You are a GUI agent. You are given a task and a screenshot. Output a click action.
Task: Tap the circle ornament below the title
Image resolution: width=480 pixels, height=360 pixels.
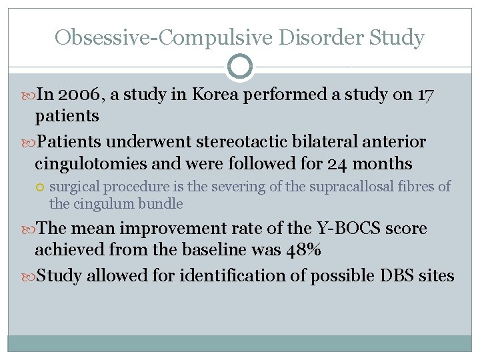pos(240,67)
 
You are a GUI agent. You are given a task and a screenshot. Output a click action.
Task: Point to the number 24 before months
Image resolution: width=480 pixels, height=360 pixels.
pos(341,163)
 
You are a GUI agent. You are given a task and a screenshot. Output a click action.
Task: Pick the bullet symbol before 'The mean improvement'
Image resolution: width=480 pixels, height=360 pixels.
pos(29,229)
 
